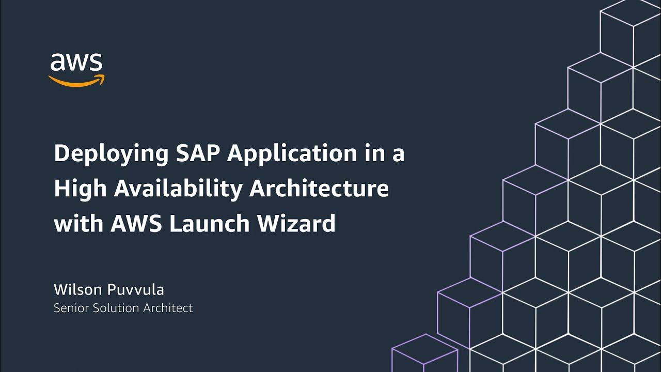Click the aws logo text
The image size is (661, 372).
pyautogui.click(x=76, y=63)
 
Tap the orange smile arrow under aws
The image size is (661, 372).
pyautogui.click(x=76, y=81)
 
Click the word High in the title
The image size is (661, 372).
pyautogui.click(x=79, y=190)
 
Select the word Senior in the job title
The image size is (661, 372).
pyautogui.click(x=71, y=308)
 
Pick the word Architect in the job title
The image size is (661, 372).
pyautogui.click(x=168, y=308)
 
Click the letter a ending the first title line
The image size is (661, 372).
pyautogui.click(x=398, y=156)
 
